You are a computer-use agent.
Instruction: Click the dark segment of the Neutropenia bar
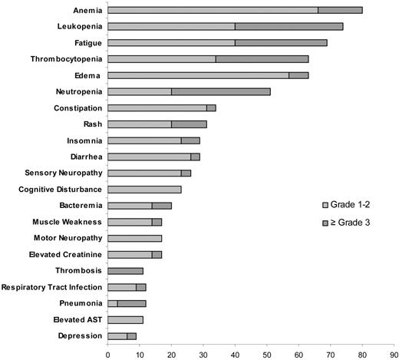coord(220,91)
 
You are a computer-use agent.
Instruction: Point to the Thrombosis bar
coord(125,271)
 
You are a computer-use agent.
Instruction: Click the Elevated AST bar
coord(125,319)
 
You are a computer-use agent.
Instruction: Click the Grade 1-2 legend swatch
coord(325,205)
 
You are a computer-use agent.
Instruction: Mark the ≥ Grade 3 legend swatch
coord(325,222)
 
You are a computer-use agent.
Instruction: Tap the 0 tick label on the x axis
coord(107,355)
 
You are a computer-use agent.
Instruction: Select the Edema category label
coord(87,75)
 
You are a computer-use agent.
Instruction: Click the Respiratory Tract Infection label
coord(52,287)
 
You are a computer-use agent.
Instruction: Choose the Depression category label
coord(80,336)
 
